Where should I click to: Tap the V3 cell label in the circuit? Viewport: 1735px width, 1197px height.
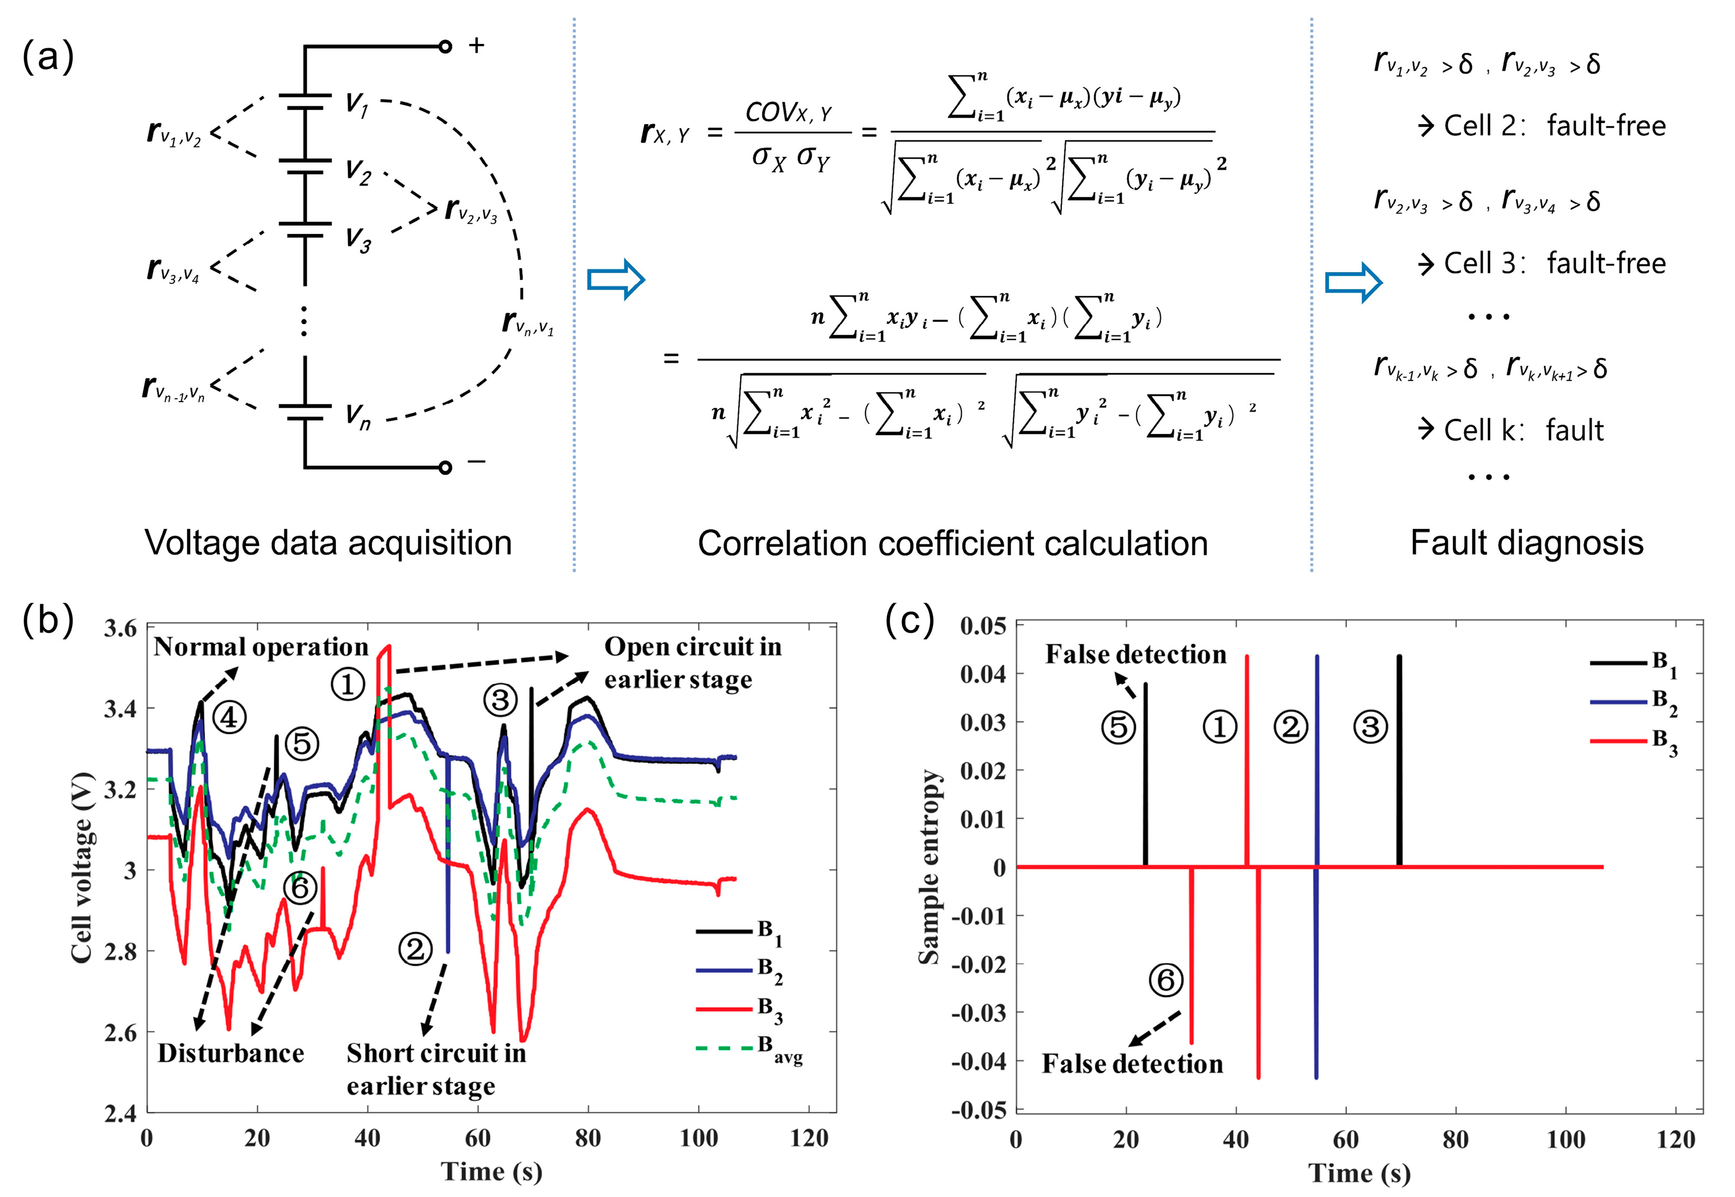tap(358, 241)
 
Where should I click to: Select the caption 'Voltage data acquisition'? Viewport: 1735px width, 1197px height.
tap(328, 543)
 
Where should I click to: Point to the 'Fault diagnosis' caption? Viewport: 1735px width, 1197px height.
tap(1527, 543)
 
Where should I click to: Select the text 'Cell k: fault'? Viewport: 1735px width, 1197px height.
tap(1523, 431)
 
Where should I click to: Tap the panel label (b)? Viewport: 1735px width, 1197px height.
tap(48, 620)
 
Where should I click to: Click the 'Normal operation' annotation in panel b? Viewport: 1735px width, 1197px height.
tap(261, 647)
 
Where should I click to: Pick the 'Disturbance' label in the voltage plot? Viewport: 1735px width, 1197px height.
tap(231, 1053)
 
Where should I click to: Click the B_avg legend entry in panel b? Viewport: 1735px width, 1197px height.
tap(750, 1048)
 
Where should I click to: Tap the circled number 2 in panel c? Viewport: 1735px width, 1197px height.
tap(1291, 727)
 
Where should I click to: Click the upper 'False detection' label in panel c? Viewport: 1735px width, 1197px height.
tap(1135, 655)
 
